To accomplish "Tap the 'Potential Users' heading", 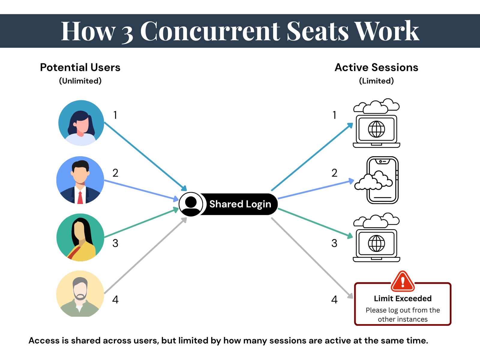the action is pyautogui.click(x=80, y=67).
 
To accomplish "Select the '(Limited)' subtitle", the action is pyautogui.click(x=376, y=81).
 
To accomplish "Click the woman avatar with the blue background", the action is pyautogui.click(x=81, y=123).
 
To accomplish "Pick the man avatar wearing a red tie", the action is pyautogui.click(x=80, y=180).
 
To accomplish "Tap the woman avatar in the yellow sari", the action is pyautogui.click(x=80, y=237).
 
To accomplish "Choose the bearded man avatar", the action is pyautogui.click(x=80, y=294).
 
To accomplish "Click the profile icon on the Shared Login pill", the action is pyautogui.click(x=191, y=204).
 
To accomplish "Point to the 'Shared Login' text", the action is pyautogui.click(x=240, y=204).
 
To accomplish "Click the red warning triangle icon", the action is pyautogui.click(x=403, y=281).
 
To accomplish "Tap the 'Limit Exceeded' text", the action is pyautogui.click(x=403, y=298).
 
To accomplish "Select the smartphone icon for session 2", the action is pyautogui.click(x=382, y=180).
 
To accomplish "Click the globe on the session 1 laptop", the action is pyautogui.click(x=376, y=129).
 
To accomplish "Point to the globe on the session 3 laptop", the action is pyautogui.click(x=376, y=244).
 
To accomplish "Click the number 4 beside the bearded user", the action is pyautogui.click(x=115, y=300).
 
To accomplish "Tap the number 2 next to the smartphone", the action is pyautogui.click(x=334, y=173).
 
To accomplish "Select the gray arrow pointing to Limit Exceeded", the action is pyautogui.click(x=312, y=258).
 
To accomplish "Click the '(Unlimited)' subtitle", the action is pyautogui.click(x=80, y=81).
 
